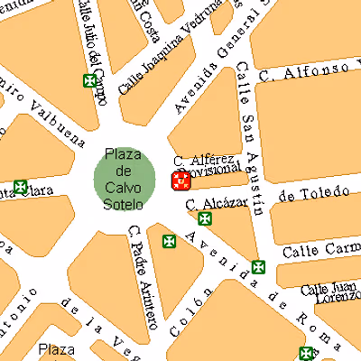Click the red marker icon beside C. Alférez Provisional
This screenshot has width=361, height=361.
(x=180, y=180)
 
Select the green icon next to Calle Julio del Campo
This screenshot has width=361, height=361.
(x=89, y=81)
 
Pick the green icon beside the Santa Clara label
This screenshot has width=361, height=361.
(x=20, y=188)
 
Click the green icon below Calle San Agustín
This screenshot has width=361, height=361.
(x=258, y=267)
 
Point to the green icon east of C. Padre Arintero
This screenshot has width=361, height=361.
(x=169, y=241)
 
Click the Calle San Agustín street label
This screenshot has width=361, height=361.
(x=250, y=140)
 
